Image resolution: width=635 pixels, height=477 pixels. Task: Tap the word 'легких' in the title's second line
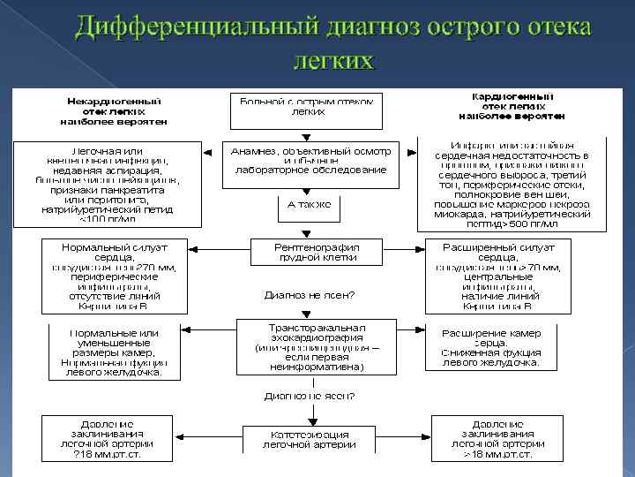332,59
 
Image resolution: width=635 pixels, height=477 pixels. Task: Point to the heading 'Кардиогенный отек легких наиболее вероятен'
512,105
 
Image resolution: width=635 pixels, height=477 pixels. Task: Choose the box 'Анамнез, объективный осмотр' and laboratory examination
310,163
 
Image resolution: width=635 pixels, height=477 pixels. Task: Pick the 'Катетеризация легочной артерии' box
310,439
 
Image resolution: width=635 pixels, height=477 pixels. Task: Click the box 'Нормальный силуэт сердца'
114,275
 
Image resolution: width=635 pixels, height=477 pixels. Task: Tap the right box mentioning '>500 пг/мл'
512,184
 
